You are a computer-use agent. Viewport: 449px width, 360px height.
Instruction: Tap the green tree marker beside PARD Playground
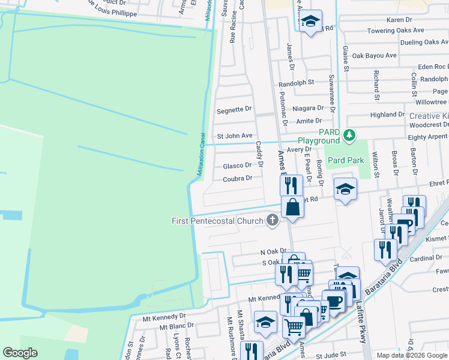coord(350,136)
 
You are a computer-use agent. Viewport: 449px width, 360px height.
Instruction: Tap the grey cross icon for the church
coord(273,220)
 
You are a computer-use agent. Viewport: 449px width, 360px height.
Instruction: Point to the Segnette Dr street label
coord(234,110)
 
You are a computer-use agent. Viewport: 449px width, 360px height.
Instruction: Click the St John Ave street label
coord(235,136)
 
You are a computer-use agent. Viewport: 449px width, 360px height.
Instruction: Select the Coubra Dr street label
coord(238,178)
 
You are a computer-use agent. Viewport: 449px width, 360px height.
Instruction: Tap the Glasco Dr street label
coord(237,166)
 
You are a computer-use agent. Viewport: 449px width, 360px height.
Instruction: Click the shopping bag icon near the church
coord(291,208)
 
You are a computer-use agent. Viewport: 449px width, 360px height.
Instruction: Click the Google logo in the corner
coord(20,353)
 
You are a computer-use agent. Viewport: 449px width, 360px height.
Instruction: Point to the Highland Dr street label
coord(387,115)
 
